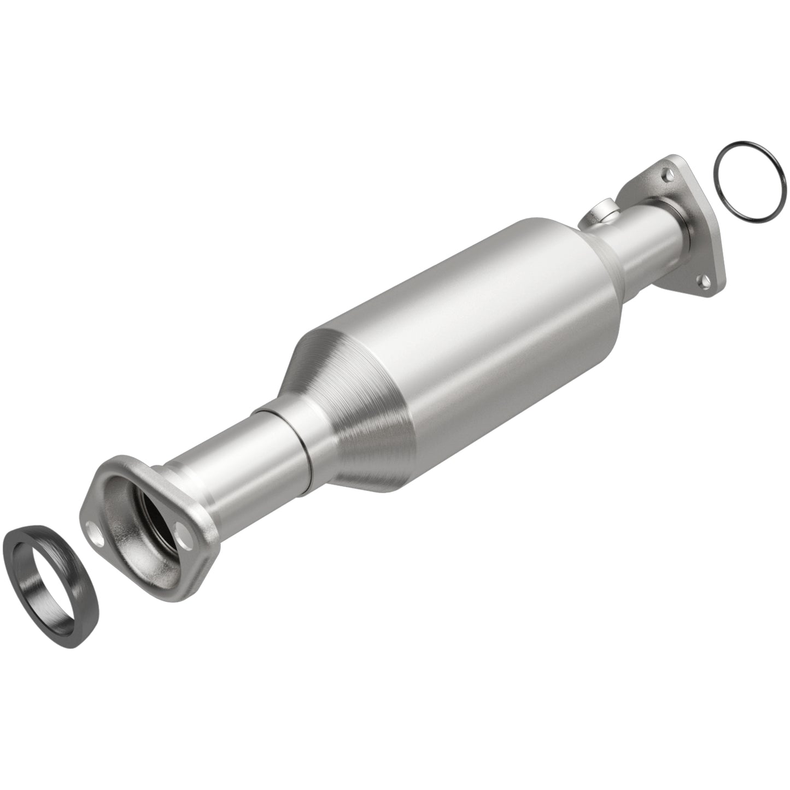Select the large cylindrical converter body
pos(465,328)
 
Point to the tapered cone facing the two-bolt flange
pos(350,416)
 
